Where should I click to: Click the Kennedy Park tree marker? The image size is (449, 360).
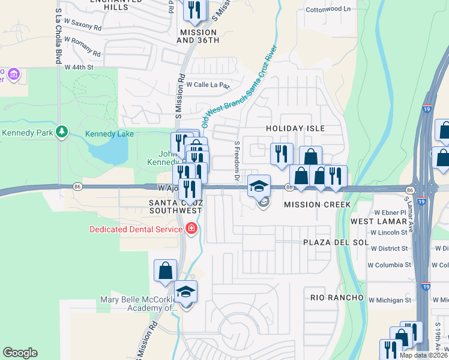pyautogui.click(x=61, y=132)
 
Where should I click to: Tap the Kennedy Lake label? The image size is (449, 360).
pyautogui.click(x=109, y=134)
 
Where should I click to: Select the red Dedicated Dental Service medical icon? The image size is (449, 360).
pyautogui.click(x=191, y=229)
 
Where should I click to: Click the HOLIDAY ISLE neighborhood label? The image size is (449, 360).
pyautogui.click(x=295, y=128)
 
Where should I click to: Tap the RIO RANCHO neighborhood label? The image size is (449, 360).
pyautogui.click(x=337, y=298)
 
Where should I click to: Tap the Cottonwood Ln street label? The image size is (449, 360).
pyautogui.click(x=328, y=10)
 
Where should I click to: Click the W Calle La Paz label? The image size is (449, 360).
pyautogui.click(x=208, y=85)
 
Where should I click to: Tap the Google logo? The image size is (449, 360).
pyautogui.click(x=20, y=353)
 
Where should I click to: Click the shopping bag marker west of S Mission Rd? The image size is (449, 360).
pyautogui.click(x=165, y=271)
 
